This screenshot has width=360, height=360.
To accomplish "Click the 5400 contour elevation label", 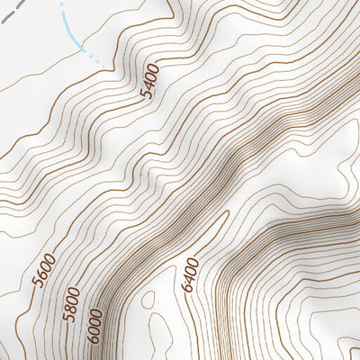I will pos(150,79).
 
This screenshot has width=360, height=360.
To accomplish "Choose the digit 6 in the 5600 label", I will pos(43,275).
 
